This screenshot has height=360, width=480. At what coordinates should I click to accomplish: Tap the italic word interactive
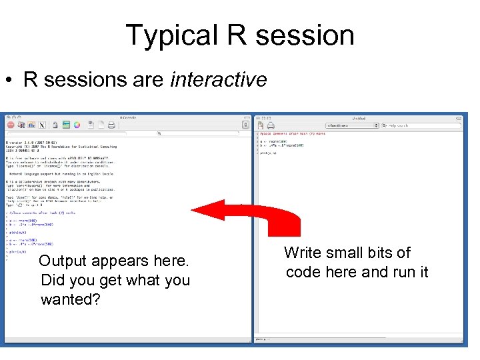click(219, 80)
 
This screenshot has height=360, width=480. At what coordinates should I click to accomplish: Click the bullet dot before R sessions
click(11, 81)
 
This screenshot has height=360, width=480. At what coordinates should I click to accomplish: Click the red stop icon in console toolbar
click(11, 125)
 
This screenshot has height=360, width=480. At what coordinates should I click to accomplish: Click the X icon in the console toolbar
click(42, 125)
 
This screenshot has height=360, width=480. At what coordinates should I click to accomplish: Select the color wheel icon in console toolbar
click(77, 125)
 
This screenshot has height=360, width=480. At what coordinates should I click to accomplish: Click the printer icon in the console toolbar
click(111, 125)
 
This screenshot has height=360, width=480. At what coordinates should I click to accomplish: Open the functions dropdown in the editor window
click(347, 125)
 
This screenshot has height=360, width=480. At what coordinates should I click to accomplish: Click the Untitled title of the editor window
click(359, 117)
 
